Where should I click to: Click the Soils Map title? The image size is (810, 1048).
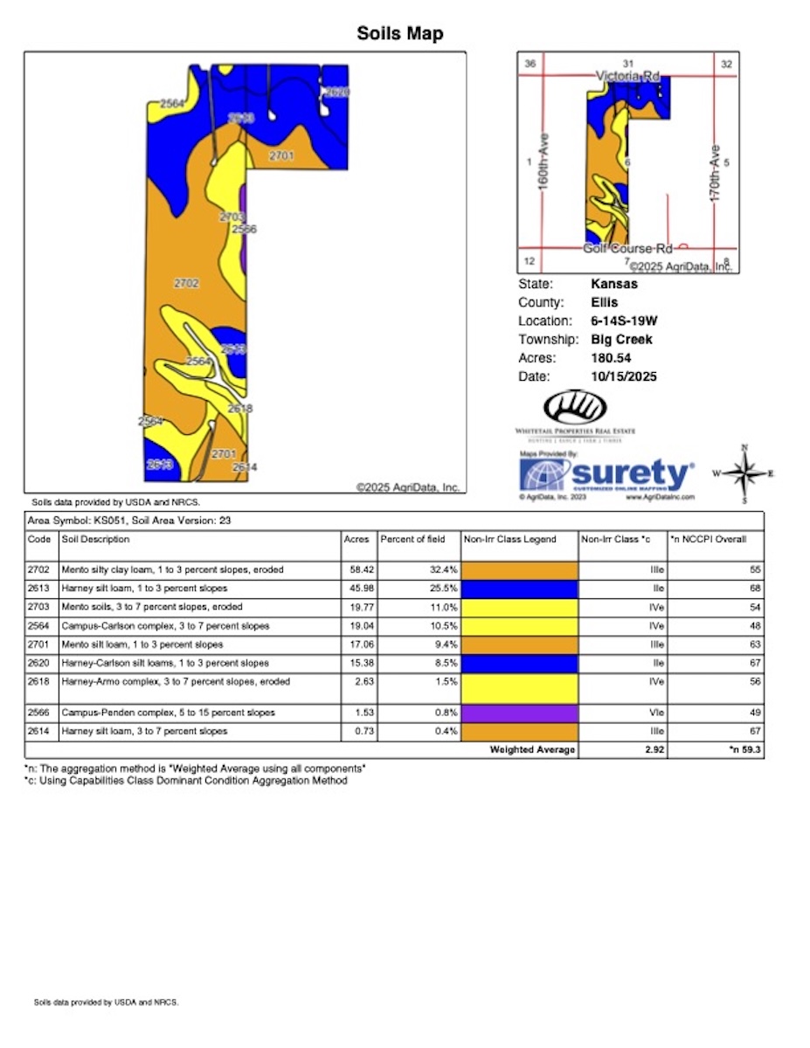400,34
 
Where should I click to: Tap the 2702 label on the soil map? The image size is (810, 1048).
187,283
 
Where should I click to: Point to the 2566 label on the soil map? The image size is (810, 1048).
244,229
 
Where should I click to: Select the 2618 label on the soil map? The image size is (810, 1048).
239,408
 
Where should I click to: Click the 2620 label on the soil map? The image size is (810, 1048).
336,92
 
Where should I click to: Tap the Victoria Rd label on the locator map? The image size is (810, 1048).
627,76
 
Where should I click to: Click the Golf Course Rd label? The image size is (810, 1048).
627,248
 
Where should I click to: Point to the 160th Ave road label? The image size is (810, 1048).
543,175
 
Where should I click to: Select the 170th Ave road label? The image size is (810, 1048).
714,175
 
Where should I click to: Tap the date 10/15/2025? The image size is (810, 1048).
624,376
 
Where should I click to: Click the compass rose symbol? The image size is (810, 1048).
744,474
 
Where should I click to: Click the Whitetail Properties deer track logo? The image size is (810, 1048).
574,409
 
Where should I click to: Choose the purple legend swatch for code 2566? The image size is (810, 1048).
519,713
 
